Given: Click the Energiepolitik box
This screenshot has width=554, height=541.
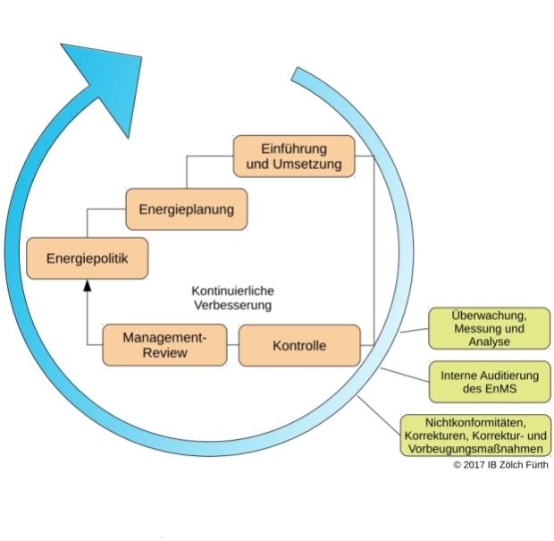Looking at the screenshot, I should [88, 259].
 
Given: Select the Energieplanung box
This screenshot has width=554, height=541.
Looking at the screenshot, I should [186, 209].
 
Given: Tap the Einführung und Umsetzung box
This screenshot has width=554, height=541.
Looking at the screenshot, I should [294, 156].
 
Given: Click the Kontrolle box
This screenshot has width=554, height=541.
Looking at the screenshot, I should [299, 345].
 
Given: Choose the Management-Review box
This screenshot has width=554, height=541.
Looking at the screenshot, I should [164, 345].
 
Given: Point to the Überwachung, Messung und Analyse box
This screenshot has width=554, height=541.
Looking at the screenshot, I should [488, 328].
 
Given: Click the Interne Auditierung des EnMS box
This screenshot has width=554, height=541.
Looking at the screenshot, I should [490, 382].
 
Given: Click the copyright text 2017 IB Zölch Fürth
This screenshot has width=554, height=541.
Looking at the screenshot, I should [500, 464].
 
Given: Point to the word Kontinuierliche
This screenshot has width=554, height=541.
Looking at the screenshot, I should [232, 292].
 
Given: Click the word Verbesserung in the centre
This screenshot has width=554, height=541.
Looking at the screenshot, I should [232, 305].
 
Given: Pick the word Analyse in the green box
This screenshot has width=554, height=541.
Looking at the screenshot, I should [488, 342].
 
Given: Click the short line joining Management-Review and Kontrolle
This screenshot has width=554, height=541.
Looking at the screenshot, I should [231, 345].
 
